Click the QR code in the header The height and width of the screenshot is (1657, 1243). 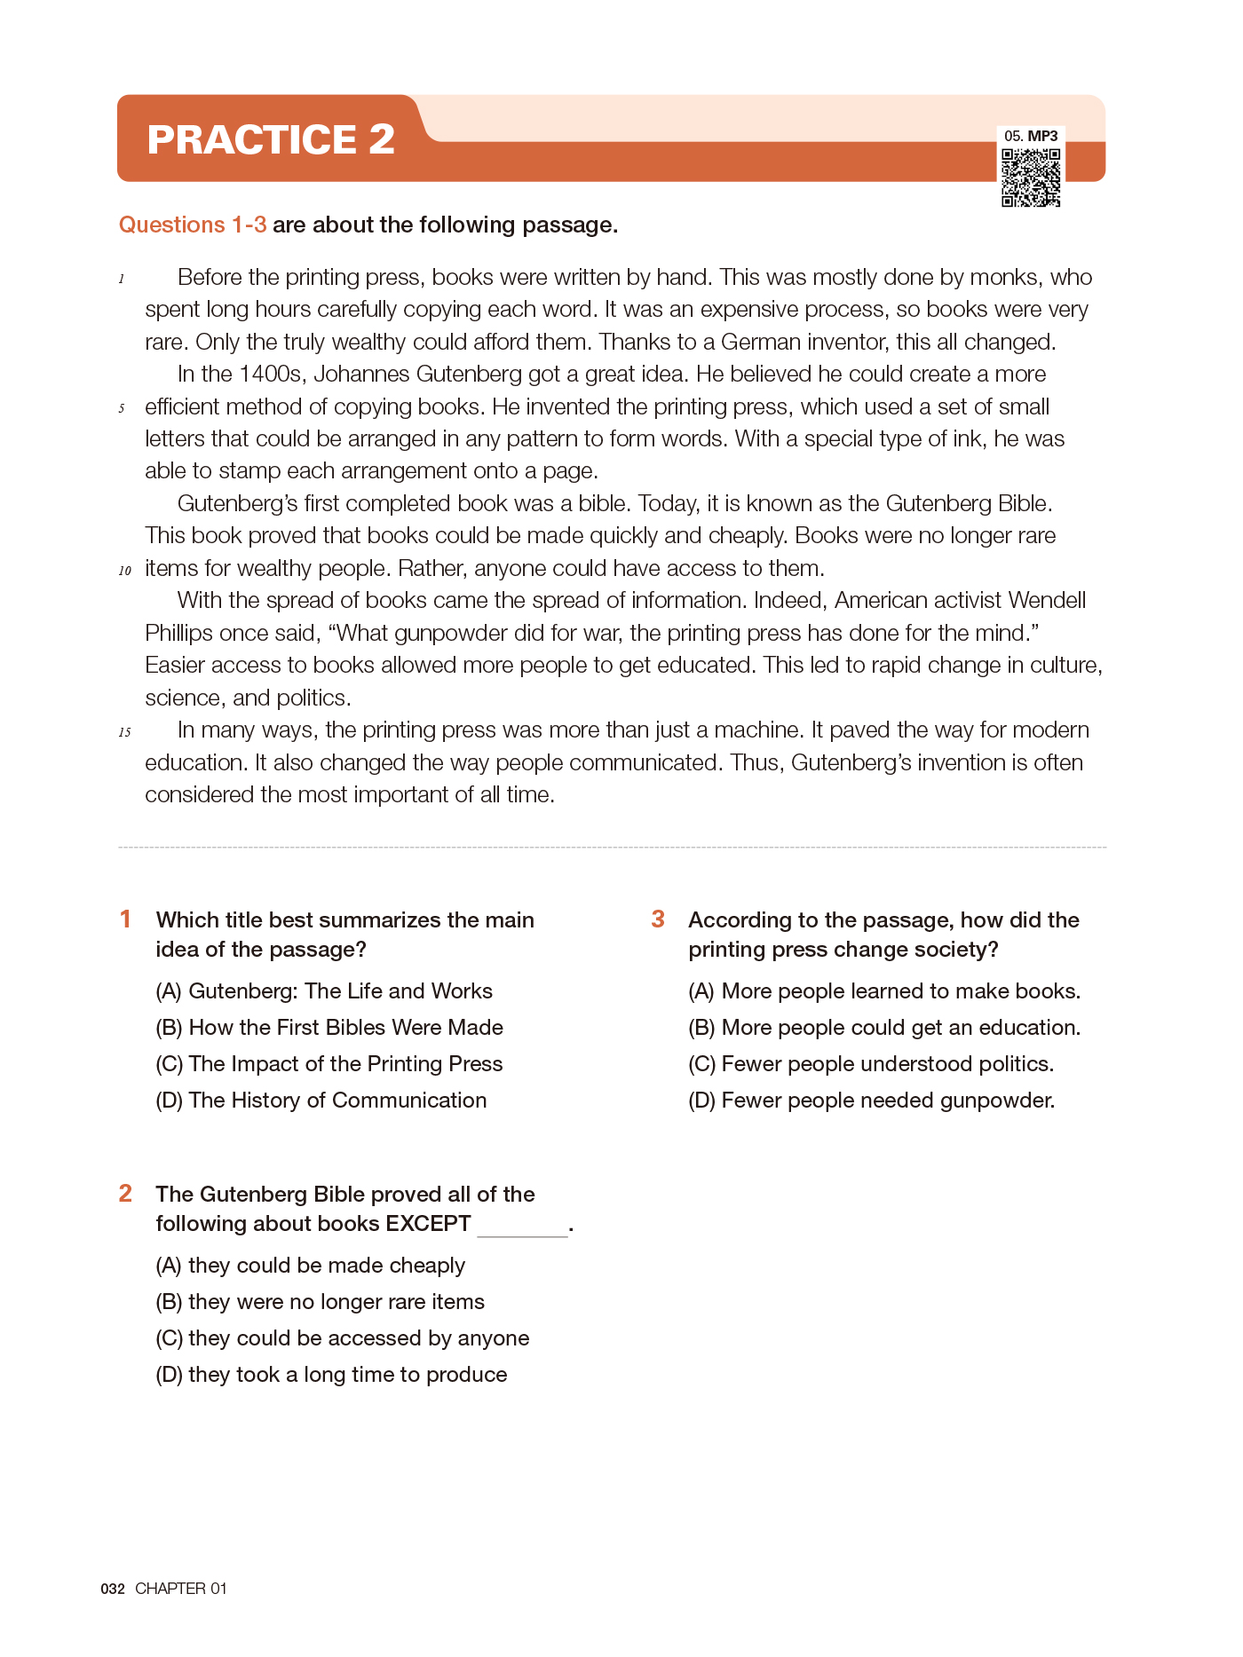click(x=1031, y=178)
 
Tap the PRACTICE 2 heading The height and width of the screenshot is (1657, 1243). click(x=271, y=139)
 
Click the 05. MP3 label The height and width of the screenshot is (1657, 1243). click(x=1031, y=136)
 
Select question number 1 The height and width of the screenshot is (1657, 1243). click(x=126, y=919)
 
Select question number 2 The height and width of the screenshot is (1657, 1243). click(x=126, y=1194)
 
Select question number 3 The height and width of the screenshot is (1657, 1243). click(x=658, y=919)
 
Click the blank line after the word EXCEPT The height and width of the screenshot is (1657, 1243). click(x=522, y=1227)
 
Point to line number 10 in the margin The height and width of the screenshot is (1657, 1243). click(x=125, y=571)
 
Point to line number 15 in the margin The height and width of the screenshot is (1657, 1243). click(x=125, y=732)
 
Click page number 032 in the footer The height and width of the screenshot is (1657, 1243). click(x=113, y=1589)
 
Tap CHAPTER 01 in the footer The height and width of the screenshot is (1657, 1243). click(x=181, y=1589)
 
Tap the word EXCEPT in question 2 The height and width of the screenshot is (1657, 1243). click(x=428, y=1223)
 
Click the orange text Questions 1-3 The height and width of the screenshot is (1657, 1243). click(x=193, y=225)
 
